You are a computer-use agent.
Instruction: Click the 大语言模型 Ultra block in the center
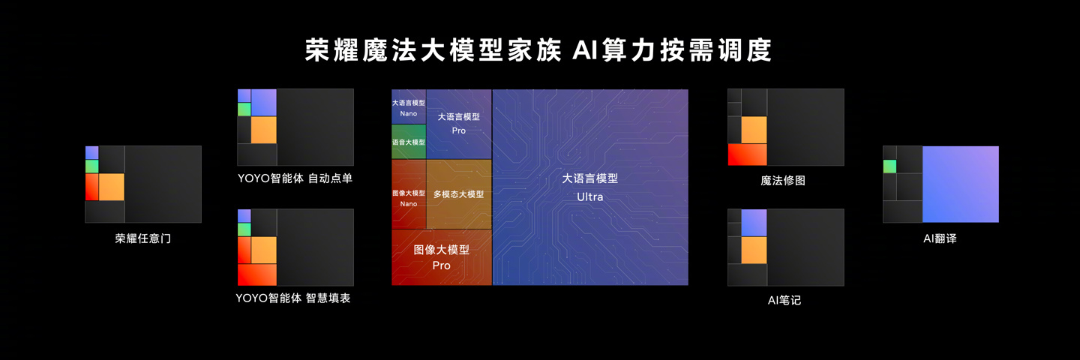click(x=590, y=187)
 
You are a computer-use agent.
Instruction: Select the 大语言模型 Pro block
click(x=459, y=124)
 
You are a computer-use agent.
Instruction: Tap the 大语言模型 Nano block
click(x=409, y=106)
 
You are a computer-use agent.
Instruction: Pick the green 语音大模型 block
click(x=409, y=142)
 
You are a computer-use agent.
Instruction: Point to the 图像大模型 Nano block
click(x=409, y=194)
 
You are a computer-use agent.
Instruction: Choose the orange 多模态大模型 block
click(x=459, y=194)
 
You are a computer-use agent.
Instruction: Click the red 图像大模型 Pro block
click(x=442, y=257)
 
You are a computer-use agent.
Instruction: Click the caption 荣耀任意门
click(x=142, y=238)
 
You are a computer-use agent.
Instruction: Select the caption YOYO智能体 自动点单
click(x=295, y=178)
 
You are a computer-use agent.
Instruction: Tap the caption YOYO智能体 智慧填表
click(x=293, y=298)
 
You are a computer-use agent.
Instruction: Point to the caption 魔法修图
click(x=783, y=181)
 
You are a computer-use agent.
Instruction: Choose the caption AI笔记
click(x=784, y=300)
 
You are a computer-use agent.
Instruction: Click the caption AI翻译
click(x=940, y=238)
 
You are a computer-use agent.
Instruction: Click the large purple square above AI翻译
click(x=961, y=184)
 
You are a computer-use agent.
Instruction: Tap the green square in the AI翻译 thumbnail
click(x=890, y=166)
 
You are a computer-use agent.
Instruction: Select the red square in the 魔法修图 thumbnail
click(x=747, y=154)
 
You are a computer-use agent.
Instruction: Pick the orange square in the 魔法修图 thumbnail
click(x=754, y=130)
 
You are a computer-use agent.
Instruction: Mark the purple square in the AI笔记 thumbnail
click(x=754, y=223)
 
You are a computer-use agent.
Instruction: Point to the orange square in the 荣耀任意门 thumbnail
click(x=111, y=187)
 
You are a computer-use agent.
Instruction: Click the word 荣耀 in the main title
click(x=331, y=50)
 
